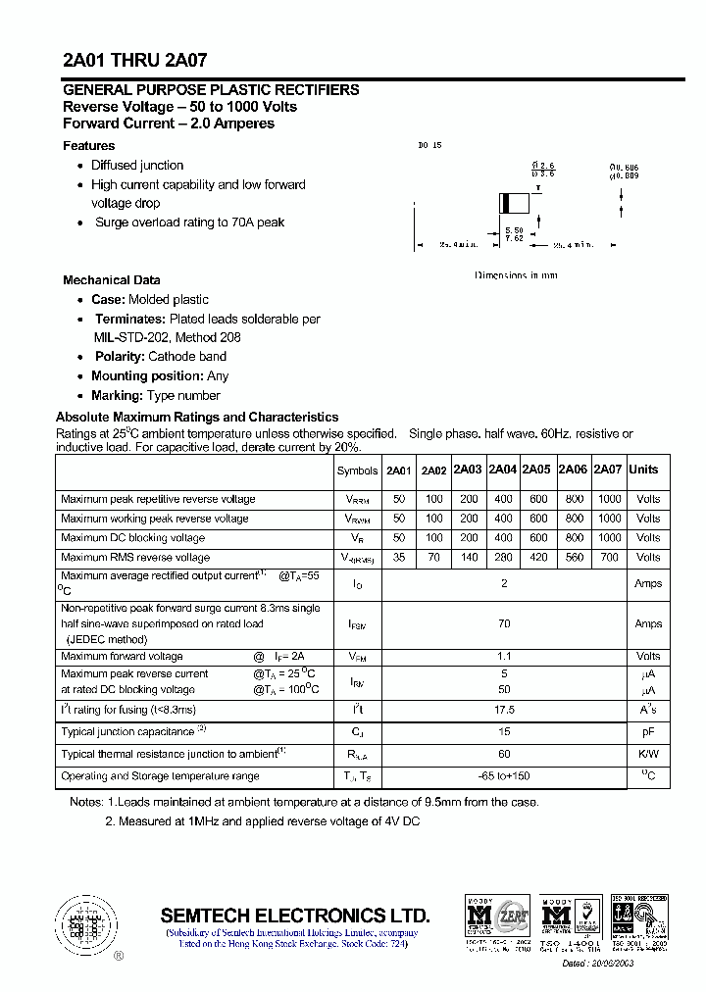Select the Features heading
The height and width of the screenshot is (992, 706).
[x=88, y=146]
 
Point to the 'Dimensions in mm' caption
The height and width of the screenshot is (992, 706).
[x=516, y=275]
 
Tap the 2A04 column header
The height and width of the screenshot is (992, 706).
[x=502, y=470]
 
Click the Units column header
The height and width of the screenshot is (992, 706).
[x=643, y=470]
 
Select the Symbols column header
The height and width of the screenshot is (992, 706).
[x=357, y=471]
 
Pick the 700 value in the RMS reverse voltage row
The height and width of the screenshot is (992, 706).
[x=609, y=557]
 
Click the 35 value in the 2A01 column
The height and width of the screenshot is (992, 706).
[x=398, y=557]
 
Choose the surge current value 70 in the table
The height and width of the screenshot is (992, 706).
[x=504, y=623]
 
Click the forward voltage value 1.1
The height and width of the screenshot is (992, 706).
[x=504, y=657]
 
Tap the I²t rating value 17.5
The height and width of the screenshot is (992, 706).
[x=504, y=710]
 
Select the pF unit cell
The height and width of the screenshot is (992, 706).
[x=648, y=732]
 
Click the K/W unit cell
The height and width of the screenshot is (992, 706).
[x=648, y=755]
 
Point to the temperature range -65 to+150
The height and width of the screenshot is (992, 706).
[x=504, y=776]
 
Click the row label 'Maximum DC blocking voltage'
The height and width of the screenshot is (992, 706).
[x=132, y=538]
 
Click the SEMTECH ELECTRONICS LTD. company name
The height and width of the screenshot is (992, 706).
[x=294, y=914]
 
